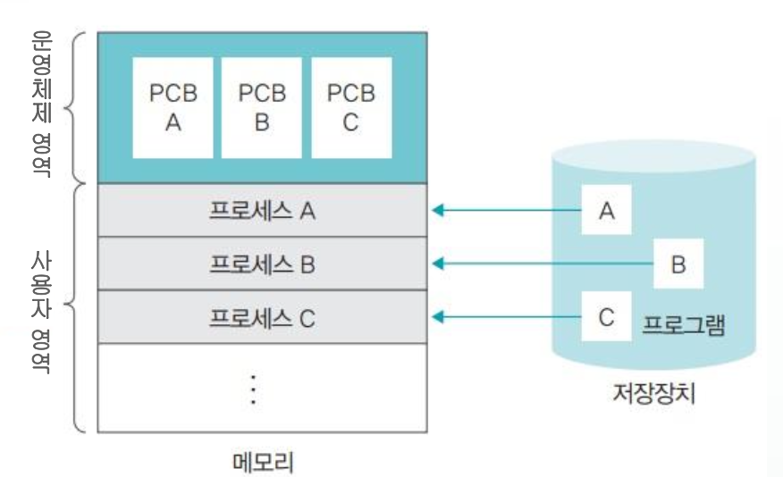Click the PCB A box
(x=173, y=107)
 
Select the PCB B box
(x=262, y=107)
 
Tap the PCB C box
(x=350, y=107)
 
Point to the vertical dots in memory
(x=254, y=389)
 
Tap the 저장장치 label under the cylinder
(x=654, y=392)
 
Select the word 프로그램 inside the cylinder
(x=684, y=323)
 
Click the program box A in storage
(x=607, y=211)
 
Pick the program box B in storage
(x=678, y=264)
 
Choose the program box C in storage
(x=607, y=317)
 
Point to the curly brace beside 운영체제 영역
(x=78, y=107)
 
